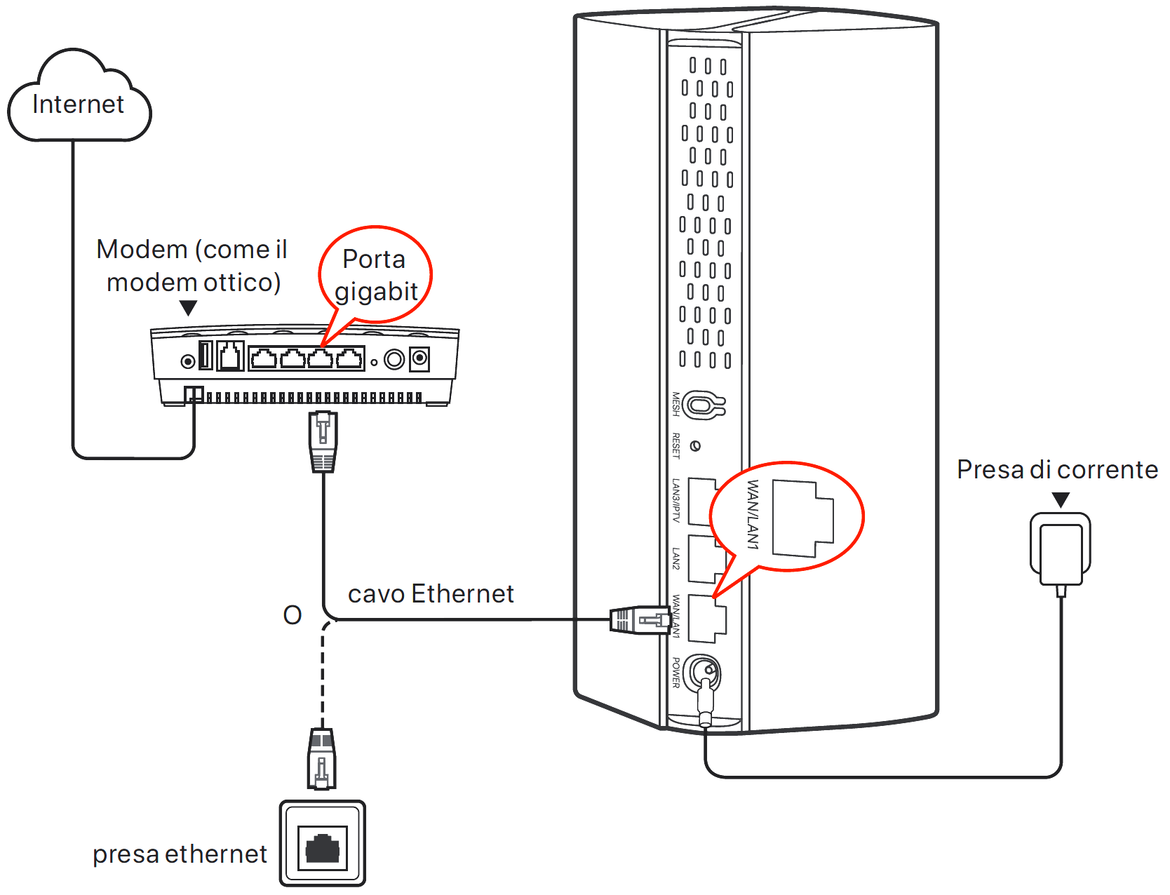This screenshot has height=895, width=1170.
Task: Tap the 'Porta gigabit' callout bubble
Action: click(375, 275)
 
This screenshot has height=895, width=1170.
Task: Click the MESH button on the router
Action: click(702, 405)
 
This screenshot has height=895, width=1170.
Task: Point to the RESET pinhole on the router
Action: click(695, 446)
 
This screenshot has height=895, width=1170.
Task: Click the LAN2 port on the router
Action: click(704, 559)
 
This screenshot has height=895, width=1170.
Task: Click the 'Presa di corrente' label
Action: click(1057, 469)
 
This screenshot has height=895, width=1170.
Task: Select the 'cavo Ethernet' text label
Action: click(431, 594)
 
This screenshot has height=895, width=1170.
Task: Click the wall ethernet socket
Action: click(323, 844)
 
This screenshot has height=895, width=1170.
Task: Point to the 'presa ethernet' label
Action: click(180, 854)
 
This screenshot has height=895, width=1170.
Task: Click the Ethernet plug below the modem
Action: click(323, 440)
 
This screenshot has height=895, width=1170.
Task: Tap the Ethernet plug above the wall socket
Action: click(322, 760)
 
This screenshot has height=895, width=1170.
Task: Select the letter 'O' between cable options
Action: click(292, 615)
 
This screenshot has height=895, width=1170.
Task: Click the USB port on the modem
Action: click(206, 355)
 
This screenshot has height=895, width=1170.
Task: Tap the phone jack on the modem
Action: click(230, 356)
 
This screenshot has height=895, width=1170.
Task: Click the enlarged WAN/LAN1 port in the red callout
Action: click(802, 519)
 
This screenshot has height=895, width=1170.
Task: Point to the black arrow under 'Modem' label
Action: click(188, 308)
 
